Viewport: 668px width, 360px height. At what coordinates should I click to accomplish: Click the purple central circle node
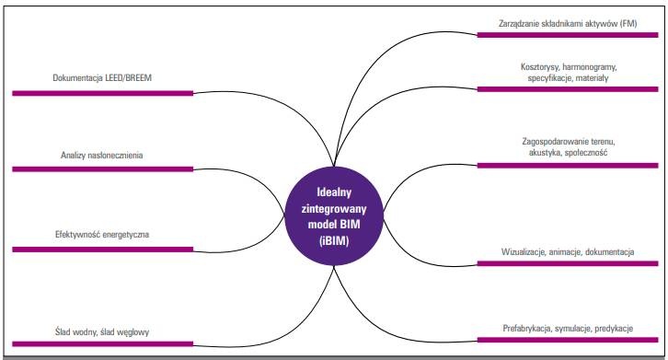click(334, 216)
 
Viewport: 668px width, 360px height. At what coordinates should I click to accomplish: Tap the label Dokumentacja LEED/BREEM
click(102, 78)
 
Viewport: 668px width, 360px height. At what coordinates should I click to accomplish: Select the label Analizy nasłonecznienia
click(102, 156)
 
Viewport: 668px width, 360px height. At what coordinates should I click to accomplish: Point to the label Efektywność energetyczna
click(102, 235)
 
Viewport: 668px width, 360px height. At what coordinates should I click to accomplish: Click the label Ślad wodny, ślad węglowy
click(102, 331)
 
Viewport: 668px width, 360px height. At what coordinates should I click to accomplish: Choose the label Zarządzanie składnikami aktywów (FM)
click(568, 23)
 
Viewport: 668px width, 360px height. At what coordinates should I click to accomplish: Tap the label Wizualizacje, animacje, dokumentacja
click(568, 252)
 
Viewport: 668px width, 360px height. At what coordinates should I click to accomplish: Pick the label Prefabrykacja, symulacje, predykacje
click(568, 329)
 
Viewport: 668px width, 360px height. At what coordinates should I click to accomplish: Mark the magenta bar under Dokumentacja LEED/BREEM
click(103, 93)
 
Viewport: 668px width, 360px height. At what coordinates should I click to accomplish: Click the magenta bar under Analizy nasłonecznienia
click(103, 169)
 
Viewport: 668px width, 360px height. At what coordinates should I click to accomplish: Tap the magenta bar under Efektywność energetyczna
click(103, 250)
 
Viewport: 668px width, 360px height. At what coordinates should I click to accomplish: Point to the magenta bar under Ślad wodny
click(103, 343)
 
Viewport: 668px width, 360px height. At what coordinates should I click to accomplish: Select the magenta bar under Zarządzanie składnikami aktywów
click(568, 35)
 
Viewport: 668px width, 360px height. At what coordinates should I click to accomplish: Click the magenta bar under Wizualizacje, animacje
click(568, 263)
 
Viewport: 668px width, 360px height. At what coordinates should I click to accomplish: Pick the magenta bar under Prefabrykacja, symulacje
click(568, 340)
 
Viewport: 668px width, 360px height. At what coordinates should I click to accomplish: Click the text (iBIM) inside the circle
click(334, 241)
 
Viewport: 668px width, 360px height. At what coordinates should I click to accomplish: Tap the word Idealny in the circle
click(334, 192)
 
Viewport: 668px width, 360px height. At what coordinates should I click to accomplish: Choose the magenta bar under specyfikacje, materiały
click(568, 89)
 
